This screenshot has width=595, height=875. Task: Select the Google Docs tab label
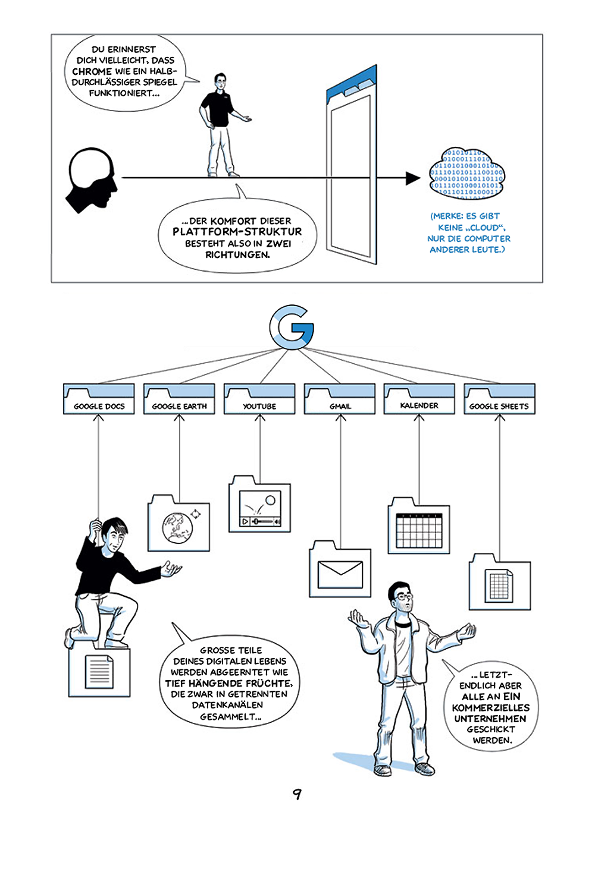tap(99, 406)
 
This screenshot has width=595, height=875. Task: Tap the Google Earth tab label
tap(179, 406)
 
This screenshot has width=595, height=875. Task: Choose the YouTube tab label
tap(259, 406)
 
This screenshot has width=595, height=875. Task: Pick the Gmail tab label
tap(340, 406)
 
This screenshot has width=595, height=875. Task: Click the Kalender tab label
tap(419, 405)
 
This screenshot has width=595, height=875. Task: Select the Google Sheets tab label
tap(499, 406)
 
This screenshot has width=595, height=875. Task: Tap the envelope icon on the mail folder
tap(340, 574)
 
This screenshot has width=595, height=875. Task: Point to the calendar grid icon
tap(419, 531)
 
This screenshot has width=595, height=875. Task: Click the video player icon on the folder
tap(260, 508)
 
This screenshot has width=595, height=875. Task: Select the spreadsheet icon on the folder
tap(500, 586)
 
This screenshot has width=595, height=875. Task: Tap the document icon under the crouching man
tap(99, 672)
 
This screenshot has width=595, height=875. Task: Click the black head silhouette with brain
tap(92, 181)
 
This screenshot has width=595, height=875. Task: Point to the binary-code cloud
tap(466, 174)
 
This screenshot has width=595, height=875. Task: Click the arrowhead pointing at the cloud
tap(413, 178)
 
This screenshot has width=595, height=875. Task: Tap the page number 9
tap(297, 794)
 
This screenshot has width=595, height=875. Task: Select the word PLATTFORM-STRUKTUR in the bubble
tap(237, 232)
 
